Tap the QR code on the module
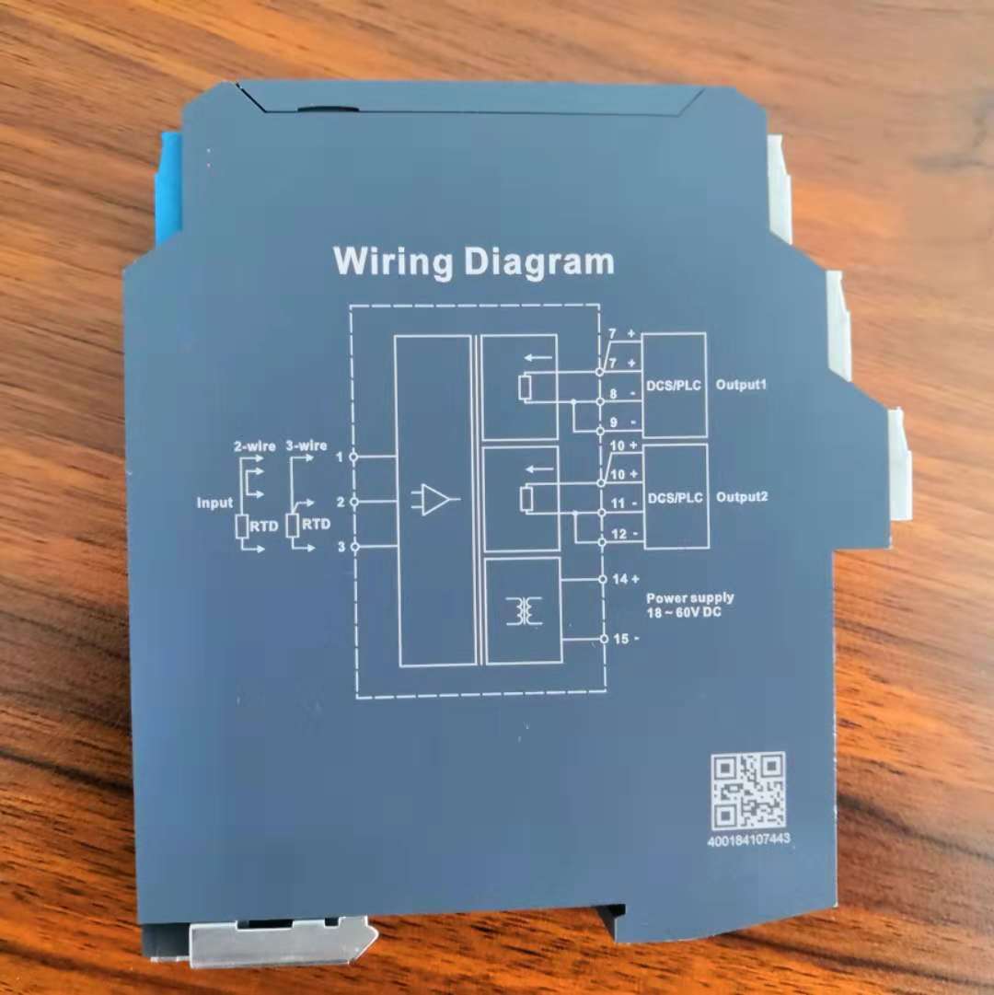[748, 791]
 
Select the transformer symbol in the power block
[524, 610]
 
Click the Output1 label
[741, 385]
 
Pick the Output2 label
[742, 496]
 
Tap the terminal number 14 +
[626, 579]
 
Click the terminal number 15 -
[626, 639]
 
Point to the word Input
[214, 503]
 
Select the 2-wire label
[254, 446]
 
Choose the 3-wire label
[306, 445]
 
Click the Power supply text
[690, 597]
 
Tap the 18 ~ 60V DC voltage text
[684, 612]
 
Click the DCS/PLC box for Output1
[675, 385]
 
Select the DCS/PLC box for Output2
[676, 496]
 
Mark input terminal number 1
[340, 457]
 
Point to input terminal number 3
[341, 547]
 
